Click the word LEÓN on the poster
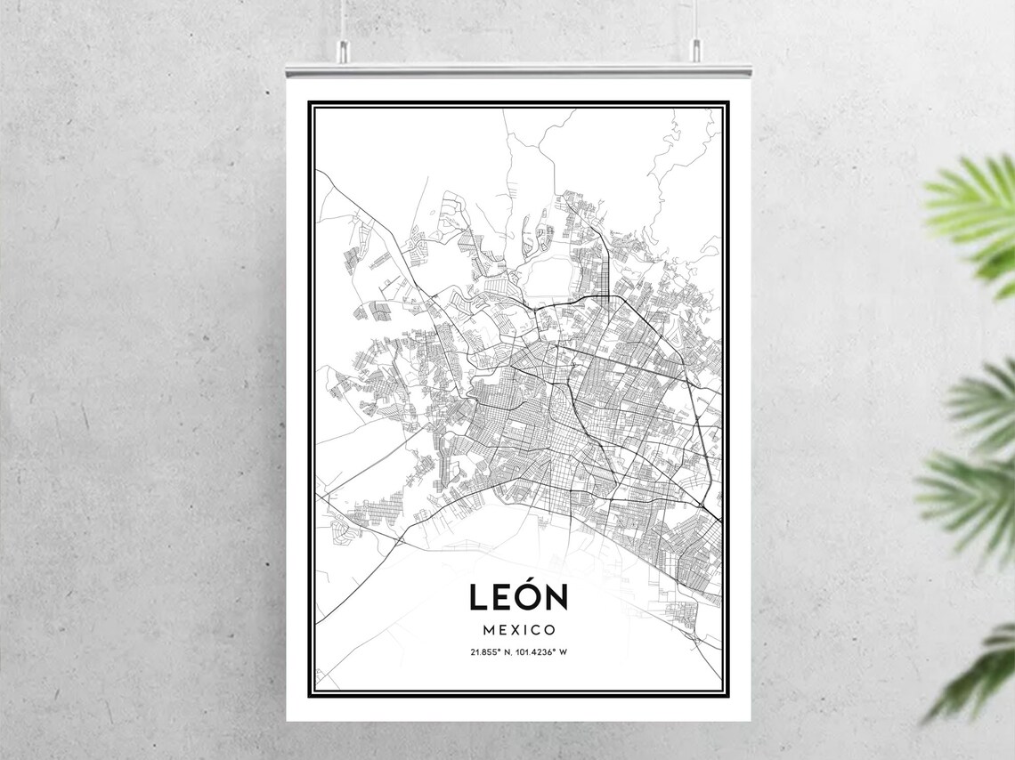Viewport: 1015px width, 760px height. [x=518, y=596]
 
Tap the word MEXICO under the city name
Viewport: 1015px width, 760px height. [x=518, y=629]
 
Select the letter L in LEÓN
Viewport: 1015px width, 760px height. [x=478, y=597]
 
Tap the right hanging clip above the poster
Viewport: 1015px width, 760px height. [x=696, y=51]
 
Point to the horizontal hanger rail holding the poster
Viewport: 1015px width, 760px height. [x=518, y=69]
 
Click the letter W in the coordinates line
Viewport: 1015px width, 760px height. [x=564, y=652]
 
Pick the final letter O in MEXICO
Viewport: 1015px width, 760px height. [x=550, y=629]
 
